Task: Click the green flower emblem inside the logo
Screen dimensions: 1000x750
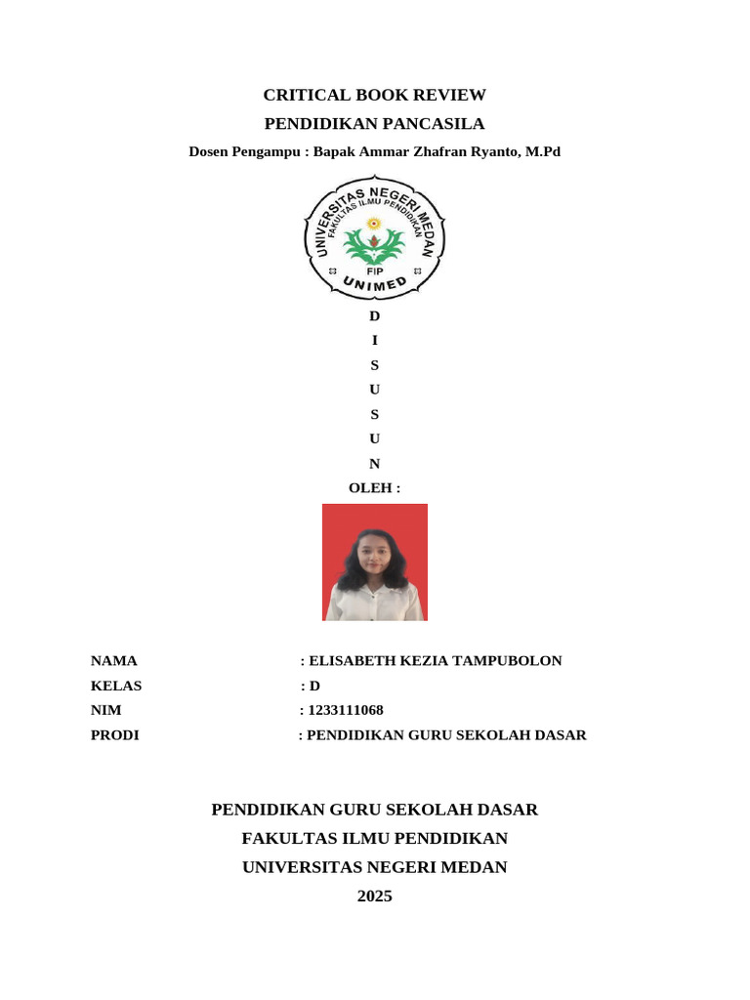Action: click(374, 242)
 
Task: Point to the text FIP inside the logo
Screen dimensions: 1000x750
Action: click(374, 271)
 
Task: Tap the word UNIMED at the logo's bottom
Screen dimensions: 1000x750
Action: click(375, 284)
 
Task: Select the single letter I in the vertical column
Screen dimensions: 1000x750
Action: click(375, 341)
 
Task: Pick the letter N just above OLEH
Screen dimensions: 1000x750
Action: click(375, 464)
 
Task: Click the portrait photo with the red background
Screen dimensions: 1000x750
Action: click(375, 562)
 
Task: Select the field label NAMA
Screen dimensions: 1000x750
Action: click(114, 661)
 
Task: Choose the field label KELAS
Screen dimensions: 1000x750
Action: click(116, 686)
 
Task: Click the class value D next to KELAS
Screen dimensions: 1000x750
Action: click(314, 686)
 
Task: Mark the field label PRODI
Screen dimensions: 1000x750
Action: click(115, 735)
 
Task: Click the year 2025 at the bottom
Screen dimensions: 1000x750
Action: click(375, 896)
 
